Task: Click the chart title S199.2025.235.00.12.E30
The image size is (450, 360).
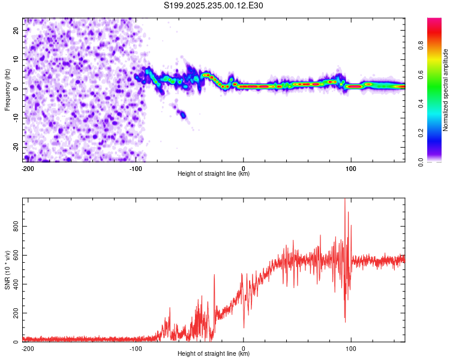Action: pos(214,5)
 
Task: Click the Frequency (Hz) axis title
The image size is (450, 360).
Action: pos(7,90)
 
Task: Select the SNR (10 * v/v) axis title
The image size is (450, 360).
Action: pos(7,270)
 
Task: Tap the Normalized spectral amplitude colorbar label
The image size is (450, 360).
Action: pos(445,90)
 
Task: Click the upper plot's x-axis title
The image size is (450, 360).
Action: pos(214,174)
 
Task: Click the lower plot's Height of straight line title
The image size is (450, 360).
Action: pos(214,354)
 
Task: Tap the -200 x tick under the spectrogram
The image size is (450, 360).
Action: pos(28,169)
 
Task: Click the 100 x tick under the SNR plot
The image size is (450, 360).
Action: pos(351,348)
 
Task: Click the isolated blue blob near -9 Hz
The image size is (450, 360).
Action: pos(182,114)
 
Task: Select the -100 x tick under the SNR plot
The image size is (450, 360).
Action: pos(136,348)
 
